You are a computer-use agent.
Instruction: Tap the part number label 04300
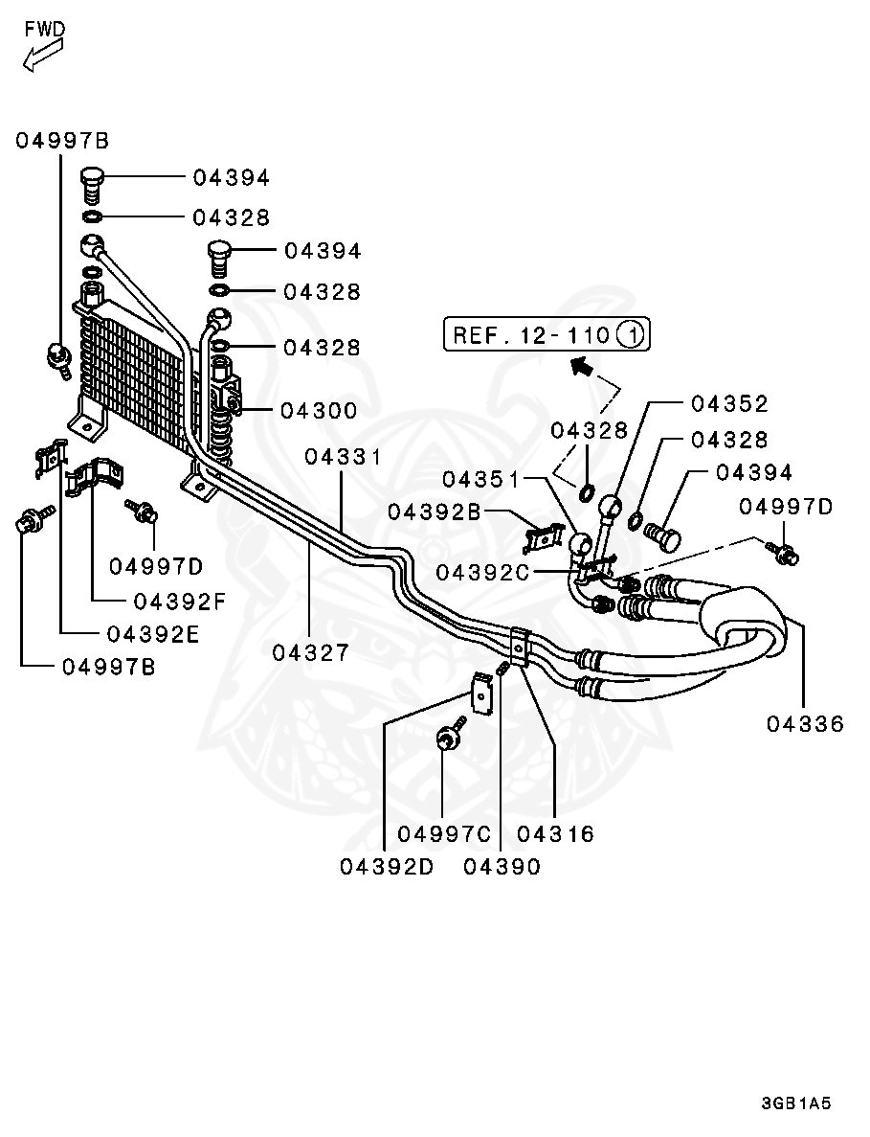point(319,411)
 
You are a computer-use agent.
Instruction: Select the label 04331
point(344,457)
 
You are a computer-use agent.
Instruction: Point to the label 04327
point(311,652)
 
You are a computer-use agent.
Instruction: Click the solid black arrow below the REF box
point(579,364)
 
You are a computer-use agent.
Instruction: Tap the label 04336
point(805,724)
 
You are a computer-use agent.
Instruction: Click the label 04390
point(502,867)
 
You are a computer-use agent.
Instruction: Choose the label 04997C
point(443,834)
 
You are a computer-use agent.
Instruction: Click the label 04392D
point(388,867)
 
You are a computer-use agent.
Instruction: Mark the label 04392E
point(153,633)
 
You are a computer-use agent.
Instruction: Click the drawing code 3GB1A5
point(796,1103)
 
